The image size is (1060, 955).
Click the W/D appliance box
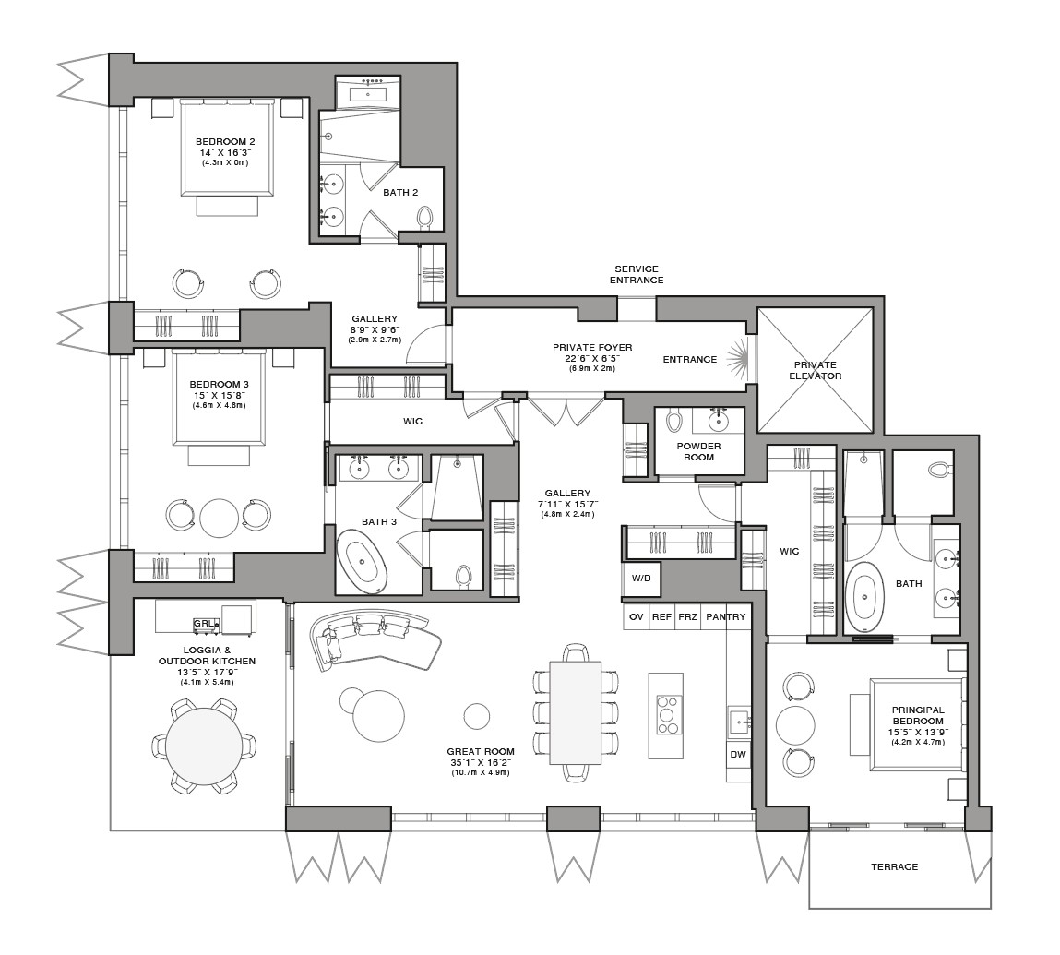641,579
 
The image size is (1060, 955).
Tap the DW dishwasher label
738,754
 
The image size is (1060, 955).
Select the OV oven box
637,616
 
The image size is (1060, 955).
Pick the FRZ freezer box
687,616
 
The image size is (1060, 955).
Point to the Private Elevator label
816,370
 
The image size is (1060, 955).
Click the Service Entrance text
637,275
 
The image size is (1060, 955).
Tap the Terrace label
894,866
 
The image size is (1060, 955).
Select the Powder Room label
699,451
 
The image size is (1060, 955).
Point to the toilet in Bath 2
425,217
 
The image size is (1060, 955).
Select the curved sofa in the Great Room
373,639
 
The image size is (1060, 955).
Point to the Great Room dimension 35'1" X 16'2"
481,762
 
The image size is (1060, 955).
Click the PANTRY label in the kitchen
725,616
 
